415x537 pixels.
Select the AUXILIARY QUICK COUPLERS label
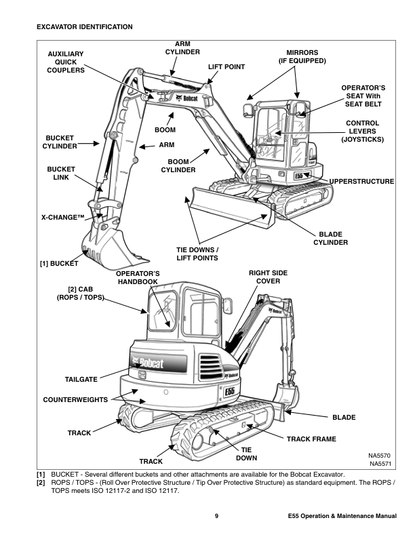point(66,62)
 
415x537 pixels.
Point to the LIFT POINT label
point(226,67)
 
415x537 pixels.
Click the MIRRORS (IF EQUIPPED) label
point(302,56)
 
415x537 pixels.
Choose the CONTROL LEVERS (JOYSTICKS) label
point(363,131)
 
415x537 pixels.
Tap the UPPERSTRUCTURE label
point(361,181)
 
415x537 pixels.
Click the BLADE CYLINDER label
point(330,238)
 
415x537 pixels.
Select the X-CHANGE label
point(62,218)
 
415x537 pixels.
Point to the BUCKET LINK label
point(62,174)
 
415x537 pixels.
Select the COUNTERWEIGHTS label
point(75,400)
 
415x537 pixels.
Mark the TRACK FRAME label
point(311,439)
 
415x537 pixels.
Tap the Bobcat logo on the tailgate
point(148,363)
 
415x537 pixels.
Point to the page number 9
point(216,517)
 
